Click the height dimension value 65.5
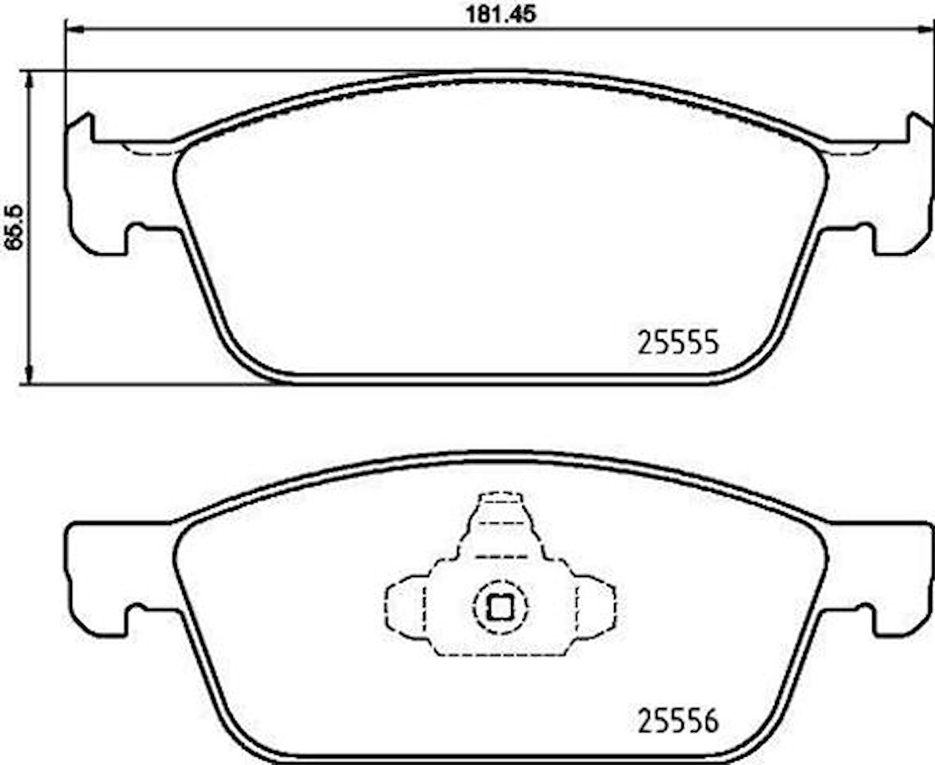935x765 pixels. click(13, 228)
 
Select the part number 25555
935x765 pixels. click(677, 342)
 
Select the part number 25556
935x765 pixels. click(677, 721)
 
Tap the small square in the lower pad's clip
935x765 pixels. click(500, 607)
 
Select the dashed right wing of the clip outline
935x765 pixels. click(596, 606)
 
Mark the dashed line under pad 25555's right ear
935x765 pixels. click(853, 151)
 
